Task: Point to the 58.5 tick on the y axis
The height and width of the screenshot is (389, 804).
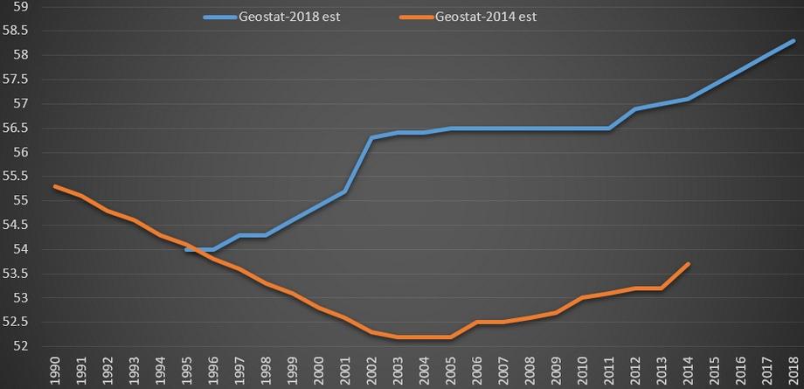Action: [x=17, y=31]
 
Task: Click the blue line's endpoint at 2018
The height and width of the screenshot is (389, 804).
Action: [x=794, y=40]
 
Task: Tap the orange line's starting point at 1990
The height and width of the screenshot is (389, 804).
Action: [x=54, y=186]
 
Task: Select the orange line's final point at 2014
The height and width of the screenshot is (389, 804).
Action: [x=688, y=264]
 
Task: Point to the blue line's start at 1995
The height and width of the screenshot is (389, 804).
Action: [x=186, y=249]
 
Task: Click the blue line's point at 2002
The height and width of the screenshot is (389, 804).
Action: [x=371, y=137]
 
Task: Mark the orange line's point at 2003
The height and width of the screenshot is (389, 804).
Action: [x=398, y=337]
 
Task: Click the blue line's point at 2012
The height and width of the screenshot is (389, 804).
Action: [x=635, y=108]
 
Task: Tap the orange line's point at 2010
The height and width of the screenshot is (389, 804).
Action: [x=582, y=298]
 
